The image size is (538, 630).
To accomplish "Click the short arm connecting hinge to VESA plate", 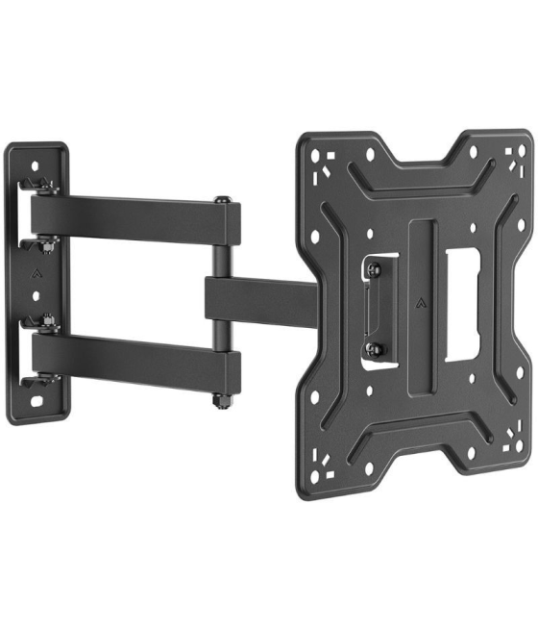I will pyautogui.click(x=259, y=300).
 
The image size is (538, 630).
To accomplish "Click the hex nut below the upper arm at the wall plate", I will pyautogui.click(x=46, y=245).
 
